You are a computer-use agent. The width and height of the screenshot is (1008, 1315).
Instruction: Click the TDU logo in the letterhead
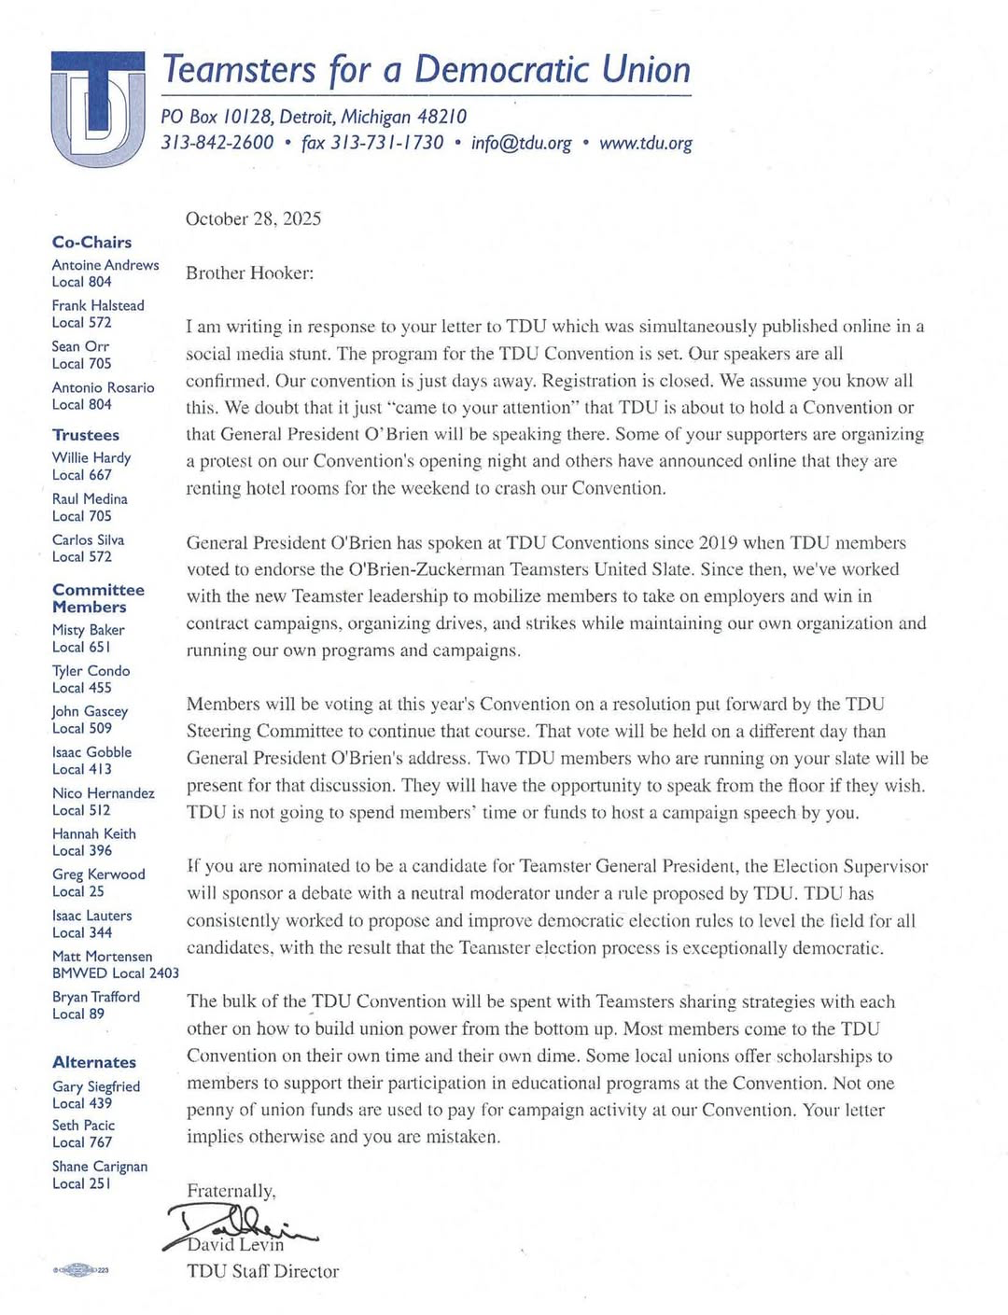pyautogui.click(x=98, y=108)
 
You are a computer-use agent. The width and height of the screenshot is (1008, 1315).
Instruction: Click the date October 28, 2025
pyautogui.click(x=253, y=219)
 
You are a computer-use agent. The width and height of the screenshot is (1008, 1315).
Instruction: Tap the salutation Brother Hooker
pyautogui.click(x=250, y=273)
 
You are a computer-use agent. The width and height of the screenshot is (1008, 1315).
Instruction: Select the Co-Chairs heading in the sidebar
pyautogui.click(x=91, y=243)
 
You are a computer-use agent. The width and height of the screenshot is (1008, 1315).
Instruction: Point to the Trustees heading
pyautogui.click(x=86, y=435)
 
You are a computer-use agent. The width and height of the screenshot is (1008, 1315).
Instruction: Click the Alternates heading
pyautogui.click(x=94, y=1062)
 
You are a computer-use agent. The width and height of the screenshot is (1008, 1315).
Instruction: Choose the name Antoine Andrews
pyautogui.click(x=105, y=265)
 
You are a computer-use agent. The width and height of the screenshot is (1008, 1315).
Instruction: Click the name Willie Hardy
pyautogui.click(x=91, y=457)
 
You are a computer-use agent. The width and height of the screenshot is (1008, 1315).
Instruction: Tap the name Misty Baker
pyautogui.click(x=89, y=630)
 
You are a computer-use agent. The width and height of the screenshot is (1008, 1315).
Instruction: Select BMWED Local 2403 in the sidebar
pyautogui.click(x=116, y=973)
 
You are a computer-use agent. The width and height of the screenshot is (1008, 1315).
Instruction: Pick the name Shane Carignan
pyautogui.click(x=100, y=1167)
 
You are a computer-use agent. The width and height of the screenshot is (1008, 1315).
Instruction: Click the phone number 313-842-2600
pyautogui.click(x=217, y=143)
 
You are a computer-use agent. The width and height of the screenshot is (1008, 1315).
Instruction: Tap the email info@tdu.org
pyautogui.click(x=521, y=143)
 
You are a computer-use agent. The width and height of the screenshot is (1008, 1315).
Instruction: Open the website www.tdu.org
pyautogui.click(x=646, y=143)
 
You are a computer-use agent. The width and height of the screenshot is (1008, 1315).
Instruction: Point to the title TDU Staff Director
pyautogui.click(x=262, y=1271)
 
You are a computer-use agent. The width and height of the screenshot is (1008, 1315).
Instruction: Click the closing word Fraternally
pyautogui.click(x=231, y=1191)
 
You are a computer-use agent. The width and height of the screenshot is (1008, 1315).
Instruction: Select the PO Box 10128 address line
pyautogui.click(x=314, y=117)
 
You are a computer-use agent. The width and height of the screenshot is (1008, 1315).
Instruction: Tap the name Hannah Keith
pyautogui.click(x=94, y=833)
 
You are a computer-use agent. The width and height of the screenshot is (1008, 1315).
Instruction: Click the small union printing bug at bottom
pyautogui.click(x=81, y=1269)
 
